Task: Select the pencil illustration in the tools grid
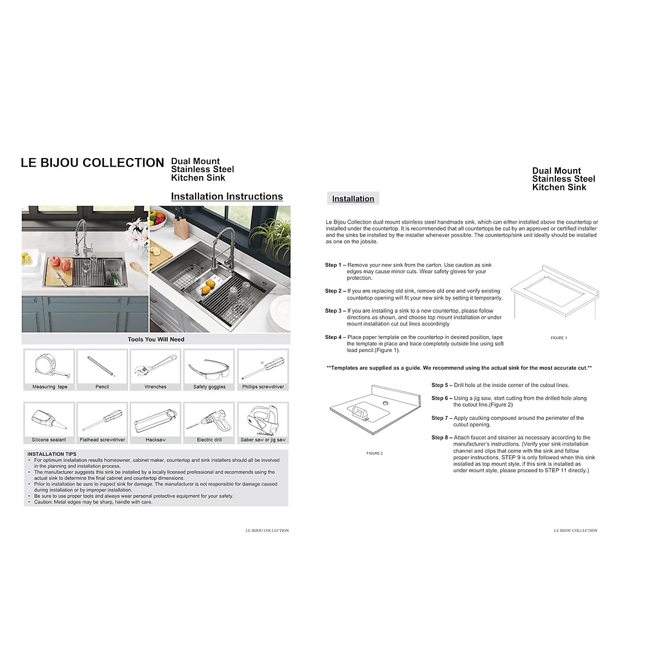pos(102,366)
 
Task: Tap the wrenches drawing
pos(155,366)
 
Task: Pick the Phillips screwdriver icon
pos(263,367)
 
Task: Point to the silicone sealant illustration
pos(49,420)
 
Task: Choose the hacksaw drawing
pos(155,420)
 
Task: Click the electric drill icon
pos(209,420)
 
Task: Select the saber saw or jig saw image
pos(263,419)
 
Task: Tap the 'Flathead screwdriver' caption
pos(102,440)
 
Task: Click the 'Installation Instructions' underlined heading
pos(227,196)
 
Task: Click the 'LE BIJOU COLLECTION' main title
pos(92,163)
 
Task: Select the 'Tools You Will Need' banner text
pos(156,339)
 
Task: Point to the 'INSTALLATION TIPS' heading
pos(52,454)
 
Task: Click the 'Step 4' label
pos(333,337)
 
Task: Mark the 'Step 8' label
pos(440,437)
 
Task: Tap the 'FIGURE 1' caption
pos(559,338)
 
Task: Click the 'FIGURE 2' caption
pos(374,453)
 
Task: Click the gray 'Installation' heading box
pos(353,198)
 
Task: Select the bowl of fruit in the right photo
pos(158,219)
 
